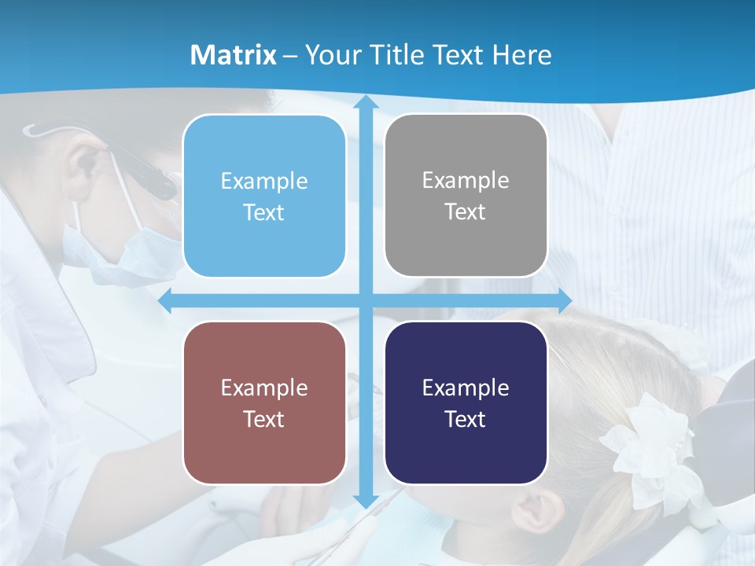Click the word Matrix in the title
click(x=233, y=54)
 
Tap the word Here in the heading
click(x=521, y=54)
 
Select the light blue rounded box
click(x=264, y=196)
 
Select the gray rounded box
click(x=466, y=196)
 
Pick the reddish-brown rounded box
click(x=264, y=402)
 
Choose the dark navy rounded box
click(x=466, y=402)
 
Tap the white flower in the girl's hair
click(x=645, y=448)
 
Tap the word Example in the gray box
click(x=466, y=180)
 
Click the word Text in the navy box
click(x=466, y=419)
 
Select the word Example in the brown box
click(x=264, y=388)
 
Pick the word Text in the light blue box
click(x=264, y=212)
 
